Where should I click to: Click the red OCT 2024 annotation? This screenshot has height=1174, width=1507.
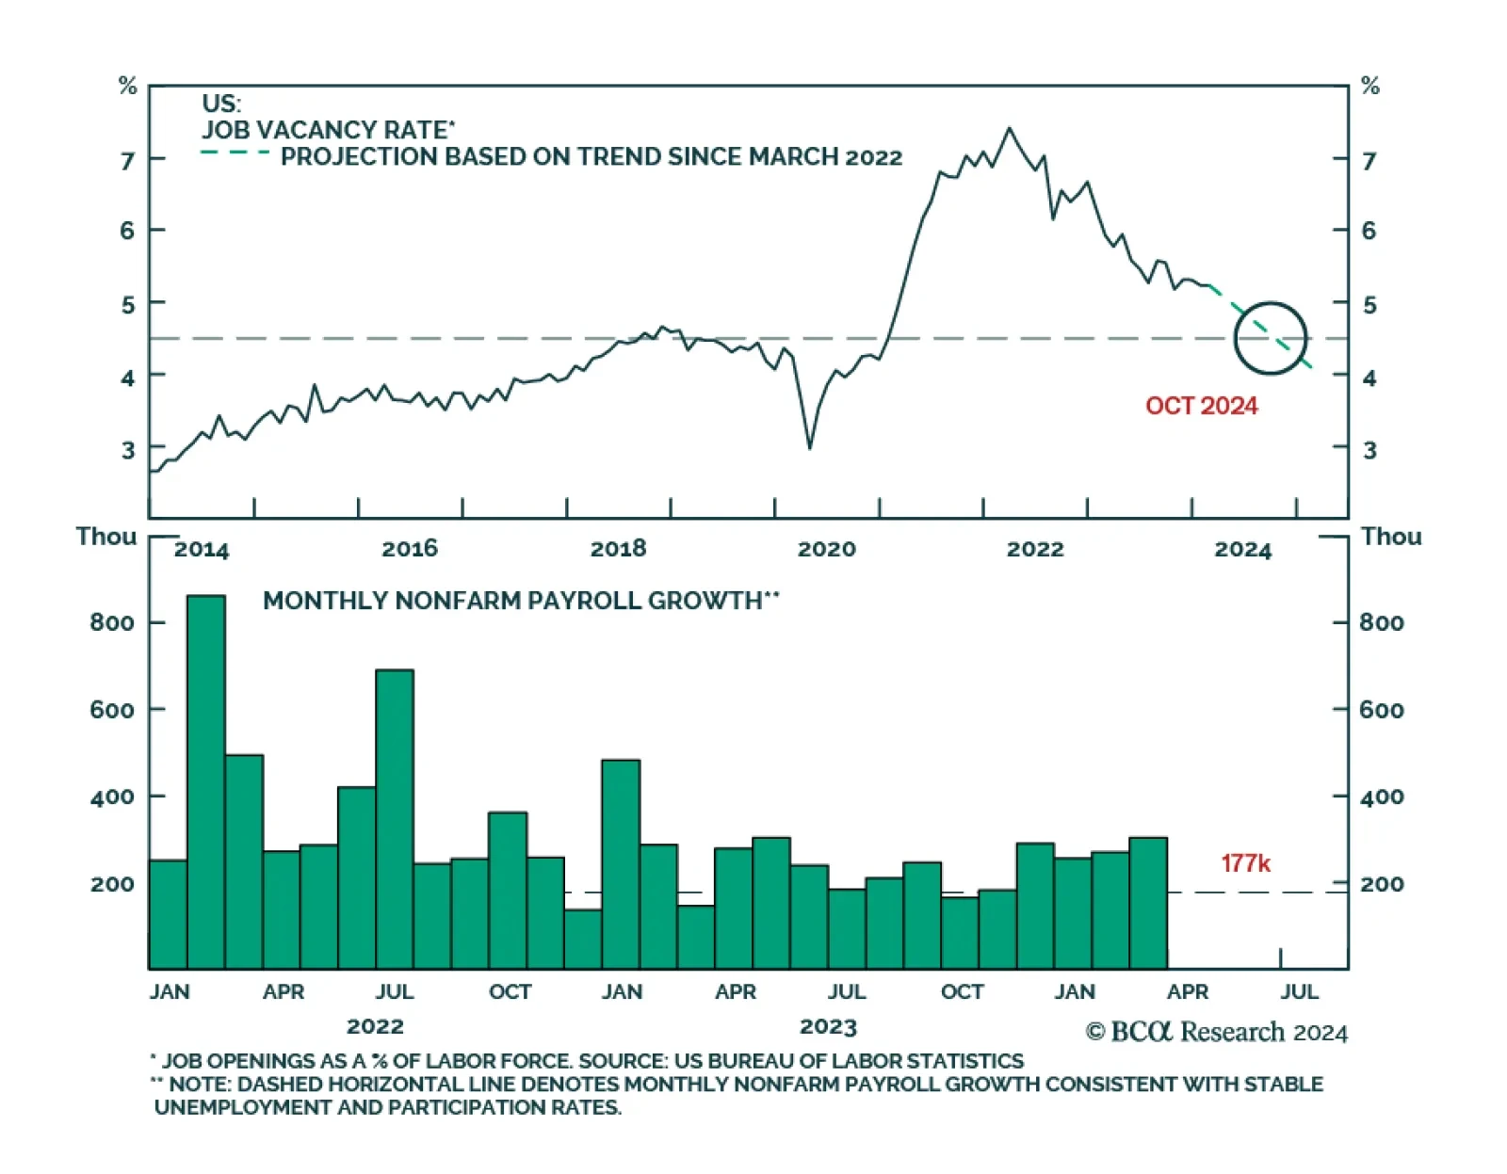click(1201, 406)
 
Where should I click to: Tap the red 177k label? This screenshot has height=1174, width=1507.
click(1245, 863)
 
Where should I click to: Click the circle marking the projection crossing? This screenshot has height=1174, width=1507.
click(1271, 338)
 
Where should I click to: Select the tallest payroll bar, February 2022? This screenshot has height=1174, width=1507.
click(206, 781)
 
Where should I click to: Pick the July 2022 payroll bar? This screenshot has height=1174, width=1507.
click(395, 819)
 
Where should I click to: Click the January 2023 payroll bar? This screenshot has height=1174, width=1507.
click(621, 864)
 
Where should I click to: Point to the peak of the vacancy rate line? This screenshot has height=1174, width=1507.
click(1010, 128)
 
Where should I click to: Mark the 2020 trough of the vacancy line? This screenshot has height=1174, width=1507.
click(810, 447)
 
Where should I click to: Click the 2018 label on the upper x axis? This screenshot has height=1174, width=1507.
click(618, 549)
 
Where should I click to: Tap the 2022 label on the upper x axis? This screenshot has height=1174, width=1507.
click(1034, 549)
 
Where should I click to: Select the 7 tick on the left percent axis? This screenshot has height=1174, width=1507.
click(127, 160)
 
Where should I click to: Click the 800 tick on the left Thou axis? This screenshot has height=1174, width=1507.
click(112, 622)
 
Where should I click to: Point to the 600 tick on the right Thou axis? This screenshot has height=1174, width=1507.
click(1381, 710)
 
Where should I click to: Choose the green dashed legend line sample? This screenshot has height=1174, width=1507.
click(235, 153)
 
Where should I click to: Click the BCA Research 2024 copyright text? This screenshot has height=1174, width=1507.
click(1216, 1032)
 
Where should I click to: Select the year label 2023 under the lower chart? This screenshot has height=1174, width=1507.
click(828, 1026)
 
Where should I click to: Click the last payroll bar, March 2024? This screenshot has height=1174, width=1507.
click(1148, 903)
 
